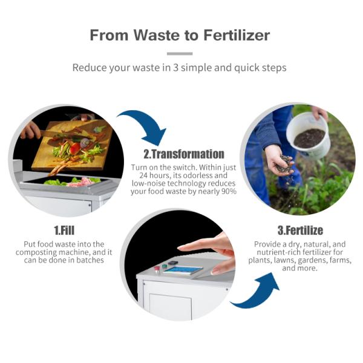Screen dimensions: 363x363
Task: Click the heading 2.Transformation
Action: (x=183, y=154)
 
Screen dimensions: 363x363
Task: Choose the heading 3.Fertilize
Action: (x=300, y=231)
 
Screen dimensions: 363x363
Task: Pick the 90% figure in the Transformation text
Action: (x=227, y=191)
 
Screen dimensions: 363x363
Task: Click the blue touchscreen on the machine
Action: (x=182, y=269)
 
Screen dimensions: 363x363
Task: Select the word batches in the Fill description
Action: (x=90, y=260)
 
